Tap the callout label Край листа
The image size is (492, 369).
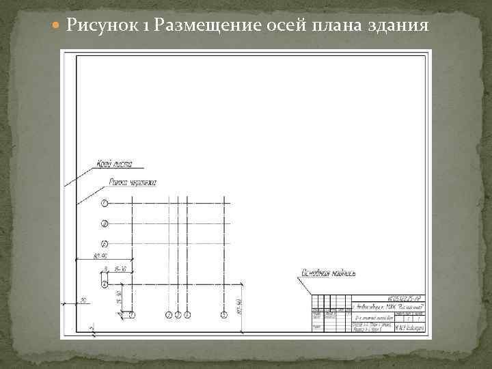(x=114, y=164)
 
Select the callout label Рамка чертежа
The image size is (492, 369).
(x=133, y=182)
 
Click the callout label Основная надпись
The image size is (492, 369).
(x=330, y=273)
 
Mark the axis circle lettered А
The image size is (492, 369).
(x=105, y=283)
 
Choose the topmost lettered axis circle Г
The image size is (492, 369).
(x=105, y=203)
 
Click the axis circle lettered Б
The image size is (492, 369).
(x=105, y=244)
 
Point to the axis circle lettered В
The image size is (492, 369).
(x=105, y=223)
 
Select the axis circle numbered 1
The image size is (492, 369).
(x=133, y=314)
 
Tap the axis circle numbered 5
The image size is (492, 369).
(x=224, y=314)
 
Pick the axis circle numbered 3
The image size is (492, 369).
(x=178, y=314)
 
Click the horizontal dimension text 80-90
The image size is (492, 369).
(x=102, y=256)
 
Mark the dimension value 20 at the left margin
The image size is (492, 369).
(x=83, y=301)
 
